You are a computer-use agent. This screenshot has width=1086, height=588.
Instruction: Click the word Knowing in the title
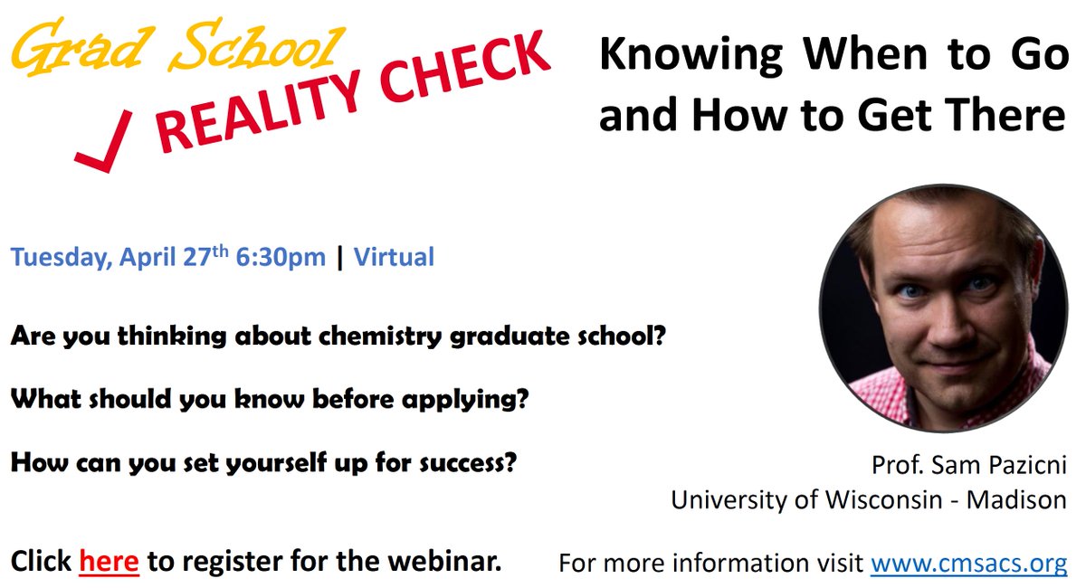coord(691,56)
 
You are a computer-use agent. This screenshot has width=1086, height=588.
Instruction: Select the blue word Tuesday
coord(62,258)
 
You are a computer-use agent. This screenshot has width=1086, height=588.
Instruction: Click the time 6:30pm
coord(281,258)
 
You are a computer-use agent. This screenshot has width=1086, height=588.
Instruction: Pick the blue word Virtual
coord(394,257)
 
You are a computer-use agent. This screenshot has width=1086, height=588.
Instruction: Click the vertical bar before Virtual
coord(339,258)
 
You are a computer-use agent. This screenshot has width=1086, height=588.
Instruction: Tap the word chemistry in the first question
coord(380,336)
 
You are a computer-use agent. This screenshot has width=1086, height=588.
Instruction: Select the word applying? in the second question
coord(465,400)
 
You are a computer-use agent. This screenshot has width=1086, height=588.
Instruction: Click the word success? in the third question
coord(468,462)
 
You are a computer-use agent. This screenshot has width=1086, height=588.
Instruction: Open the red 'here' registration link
coord(110,562)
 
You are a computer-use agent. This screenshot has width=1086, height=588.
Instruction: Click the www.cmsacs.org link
coord(968,563)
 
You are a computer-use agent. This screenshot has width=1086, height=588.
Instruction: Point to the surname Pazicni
coord(1027,465)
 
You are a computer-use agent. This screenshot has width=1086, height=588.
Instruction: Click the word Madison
coord(1016,499)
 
